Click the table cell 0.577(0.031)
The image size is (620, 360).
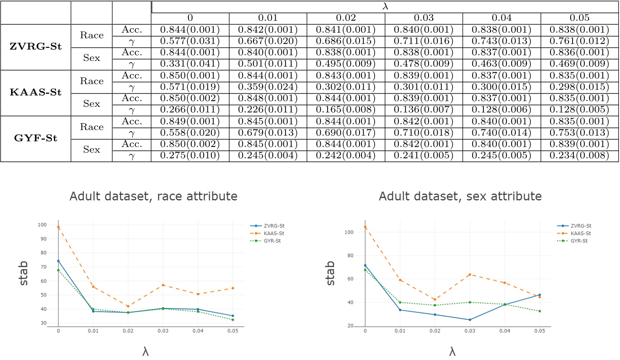(190, 41)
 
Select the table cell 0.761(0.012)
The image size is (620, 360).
(579, 41)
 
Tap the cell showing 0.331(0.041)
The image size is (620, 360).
(190, 64)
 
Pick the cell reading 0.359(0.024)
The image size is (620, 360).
(267, 87)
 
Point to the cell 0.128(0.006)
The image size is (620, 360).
(501, 110)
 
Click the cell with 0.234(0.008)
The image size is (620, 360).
(579, 155)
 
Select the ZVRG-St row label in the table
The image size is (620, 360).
(36, 47)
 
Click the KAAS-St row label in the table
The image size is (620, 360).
(36, 92)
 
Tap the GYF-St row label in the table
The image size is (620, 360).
(36, 138)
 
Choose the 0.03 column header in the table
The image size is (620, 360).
(423, 18)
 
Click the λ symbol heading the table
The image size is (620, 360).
(385, 7)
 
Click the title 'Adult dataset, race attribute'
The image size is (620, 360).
(153, 196)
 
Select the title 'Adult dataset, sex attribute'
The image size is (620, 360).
(460, 196)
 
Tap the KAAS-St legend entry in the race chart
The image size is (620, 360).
(274, 233)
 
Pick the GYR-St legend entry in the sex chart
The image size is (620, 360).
(579, 241)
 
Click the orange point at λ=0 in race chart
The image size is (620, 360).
(58, 227)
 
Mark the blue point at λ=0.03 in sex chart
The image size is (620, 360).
(470, 320)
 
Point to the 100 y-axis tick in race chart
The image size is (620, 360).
(42, 225)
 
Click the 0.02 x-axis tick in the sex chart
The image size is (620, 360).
(435, 331)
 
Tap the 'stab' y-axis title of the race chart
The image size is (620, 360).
(23, 273)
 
